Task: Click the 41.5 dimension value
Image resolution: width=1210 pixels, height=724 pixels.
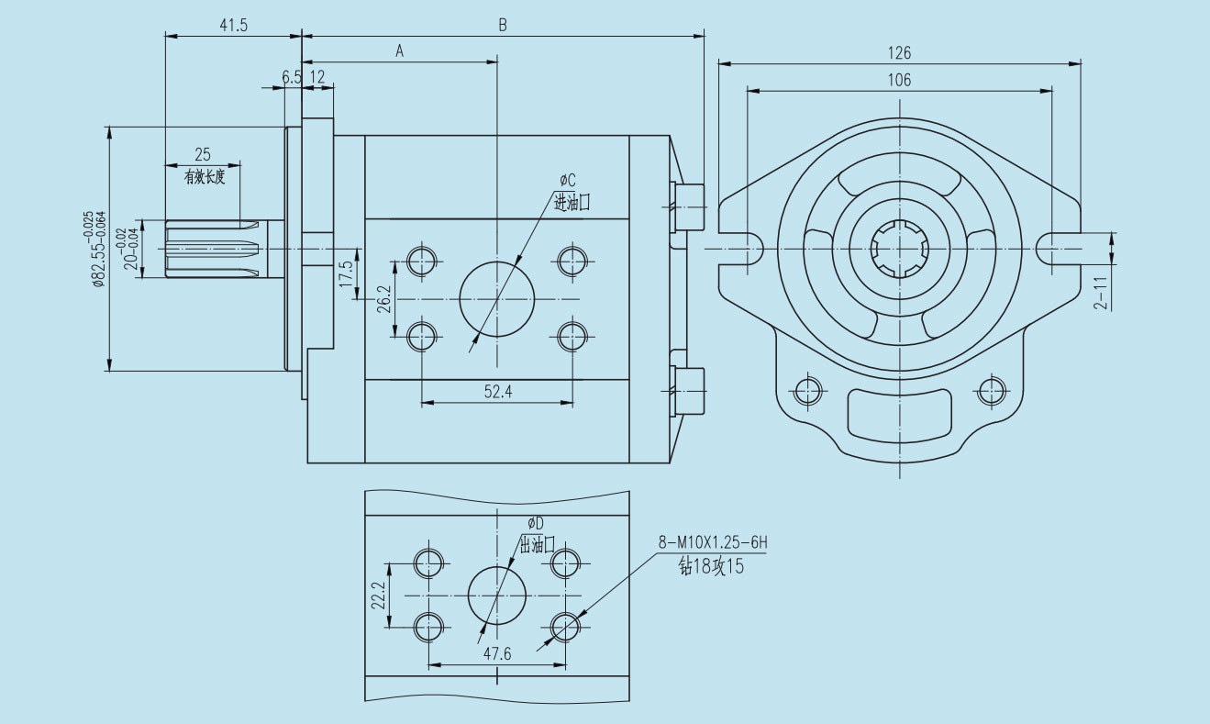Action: coord(233,26)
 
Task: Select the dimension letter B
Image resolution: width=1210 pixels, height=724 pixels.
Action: coord(503,26)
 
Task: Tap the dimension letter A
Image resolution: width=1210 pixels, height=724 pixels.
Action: coord(400,52)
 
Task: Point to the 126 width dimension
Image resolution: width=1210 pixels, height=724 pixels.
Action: coord(899,53)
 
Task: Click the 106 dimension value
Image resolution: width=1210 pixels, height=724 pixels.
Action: coord(899,80)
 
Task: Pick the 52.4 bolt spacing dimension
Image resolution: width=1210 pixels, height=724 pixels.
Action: coord(497,392)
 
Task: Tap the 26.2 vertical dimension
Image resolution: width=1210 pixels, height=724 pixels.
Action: coord(384,300)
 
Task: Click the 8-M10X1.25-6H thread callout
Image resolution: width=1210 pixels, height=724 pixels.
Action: coord(712,543)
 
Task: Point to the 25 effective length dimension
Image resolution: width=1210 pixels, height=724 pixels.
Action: coord(203,153)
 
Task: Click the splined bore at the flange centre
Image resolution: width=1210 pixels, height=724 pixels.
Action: coord(901,250)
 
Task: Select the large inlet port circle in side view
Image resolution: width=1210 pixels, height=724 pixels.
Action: coord(496,299)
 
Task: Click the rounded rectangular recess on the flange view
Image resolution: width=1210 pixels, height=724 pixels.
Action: coord(898,414)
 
